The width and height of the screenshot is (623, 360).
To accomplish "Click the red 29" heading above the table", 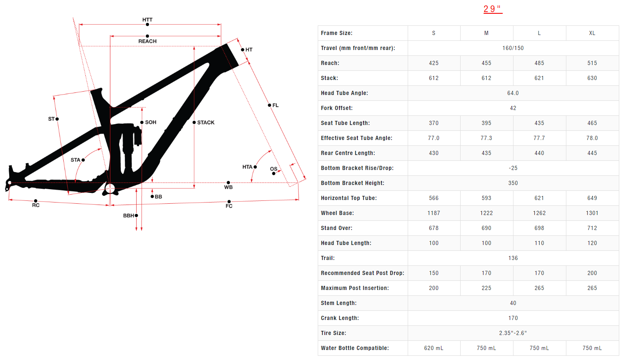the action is pos(493,9).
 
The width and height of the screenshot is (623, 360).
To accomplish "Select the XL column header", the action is pos(592,33).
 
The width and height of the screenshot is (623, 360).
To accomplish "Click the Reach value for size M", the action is pos(486,63).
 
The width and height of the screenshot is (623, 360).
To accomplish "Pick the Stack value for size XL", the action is pos(592,78).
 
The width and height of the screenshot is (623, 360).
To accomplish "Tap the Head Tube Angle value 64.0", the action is pos(513,93).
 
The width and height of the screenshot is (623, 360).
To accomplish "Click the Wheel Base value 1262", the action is pos(539,213).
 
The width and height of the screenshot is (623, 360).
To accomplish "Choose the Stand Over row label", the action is pos(336,228).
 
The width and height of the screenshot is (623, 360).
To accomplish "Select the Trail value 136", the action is pos(513,258).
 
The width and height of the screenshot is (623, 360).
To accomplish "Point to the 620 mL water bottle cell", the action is pos(434,348).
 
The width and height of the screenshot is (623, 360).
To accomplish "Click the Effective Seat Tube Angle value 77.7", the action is pos(539,138).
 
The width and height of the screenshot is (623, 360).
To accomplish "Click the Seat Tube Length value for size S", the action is pos(434,123).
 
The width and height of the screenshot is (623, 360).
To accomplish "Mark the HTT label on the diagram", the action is pos(147,20).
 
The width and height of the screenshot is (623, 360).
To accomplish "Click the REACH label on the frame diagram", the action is pos(147,41).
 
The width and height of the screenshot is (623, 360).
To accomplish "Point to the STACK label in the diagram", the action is pos(206,122).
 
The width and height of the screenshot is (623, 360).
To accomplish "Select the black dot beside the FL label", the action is pos(269,105).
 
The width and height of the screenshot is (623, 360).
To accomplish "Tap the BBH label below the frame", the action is pos(129,215).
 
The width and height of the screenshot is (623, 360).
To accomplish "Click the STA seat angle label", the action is pos(75,160).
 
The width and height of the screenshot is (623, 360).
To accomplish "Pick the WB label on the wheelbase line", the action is pos(228,187).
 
